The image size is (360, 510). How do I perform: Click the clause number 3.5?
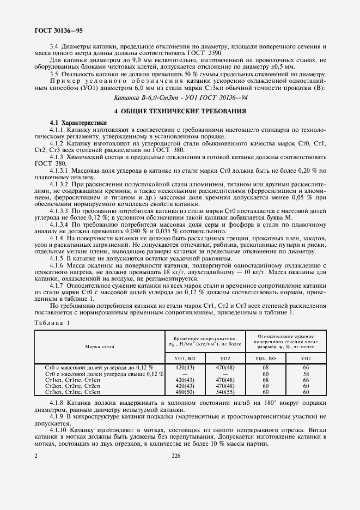pos(55,74)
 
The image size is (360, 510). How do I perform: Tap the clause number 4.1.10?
pos(60,430)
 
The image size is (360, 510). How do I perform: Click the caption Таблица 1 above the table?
pos(53,323)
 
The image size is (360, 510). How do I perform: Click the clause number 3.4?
pos(55,47)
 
